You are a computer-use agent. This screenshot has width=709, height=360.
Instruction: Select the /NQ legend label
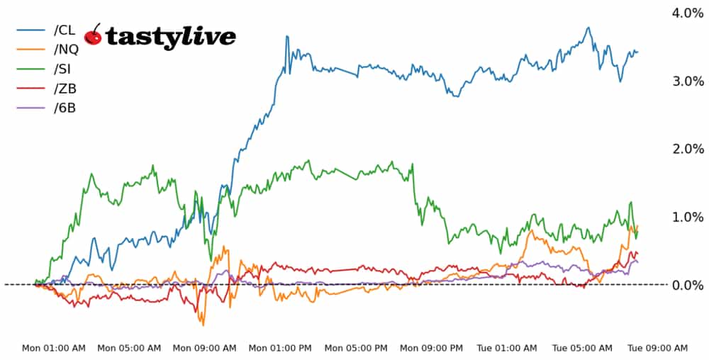pos(66,50)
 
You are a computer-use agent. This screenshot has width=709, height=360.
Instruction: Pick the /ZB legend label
pos(65,89)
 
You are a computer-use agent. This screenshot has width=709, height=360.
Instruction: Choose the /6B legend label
pos(64,109)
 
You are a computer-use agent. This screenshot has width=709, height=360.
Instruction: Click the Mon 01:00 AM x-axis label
pos(54,348)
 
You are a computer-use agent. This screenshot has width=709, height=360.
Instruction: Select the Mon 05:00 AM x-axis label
pos(129,348)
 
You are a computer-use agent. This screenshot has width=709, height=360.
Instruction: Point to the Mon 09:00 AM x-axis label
pos(204,348)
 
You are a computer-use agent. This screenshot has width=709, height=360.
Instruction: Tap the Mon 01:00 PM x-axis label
pos(280,348)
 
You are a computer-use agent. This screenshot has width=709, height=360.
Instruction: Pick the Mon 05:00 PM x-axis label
pos(355,348)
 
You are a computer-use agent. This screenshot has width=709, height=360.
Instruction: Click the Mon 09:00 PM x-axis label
pos(431,348)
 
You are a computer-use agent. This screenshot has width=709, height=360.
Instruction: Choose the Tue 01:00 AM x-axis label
pos(506,348)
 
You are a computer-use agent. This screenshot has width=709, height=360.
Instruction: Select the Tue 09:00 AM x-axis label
pos(657,348)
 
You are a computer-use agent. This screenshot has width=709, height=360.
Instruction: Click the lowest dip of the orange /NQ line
pos(203,325)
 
